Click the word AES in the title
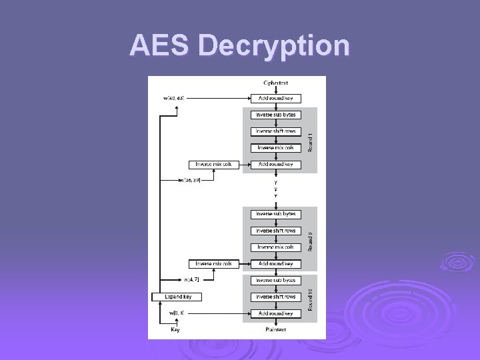(x=160, y=46)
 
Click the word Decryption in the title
(x=274, y=46)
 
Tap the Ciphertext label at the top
(x=275, y=83)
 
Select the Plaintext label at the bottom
(x=275, y=329)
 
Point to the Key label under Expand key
(x=175, y=329)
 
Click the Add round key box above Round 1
(x=275, y=99)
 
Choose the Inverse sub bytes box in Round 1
(x=275, y=115)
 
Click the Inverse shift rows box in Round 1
(x=275, y=131)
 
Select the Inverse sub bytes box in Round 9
(x=275, y=214)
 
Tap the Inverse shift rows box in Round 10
(x=275, y=297)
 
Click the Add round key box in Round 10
(x=275, y=313)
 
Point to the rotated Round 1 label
(x=310, y=142)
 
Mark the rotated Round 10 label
(x=310, y=299)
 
